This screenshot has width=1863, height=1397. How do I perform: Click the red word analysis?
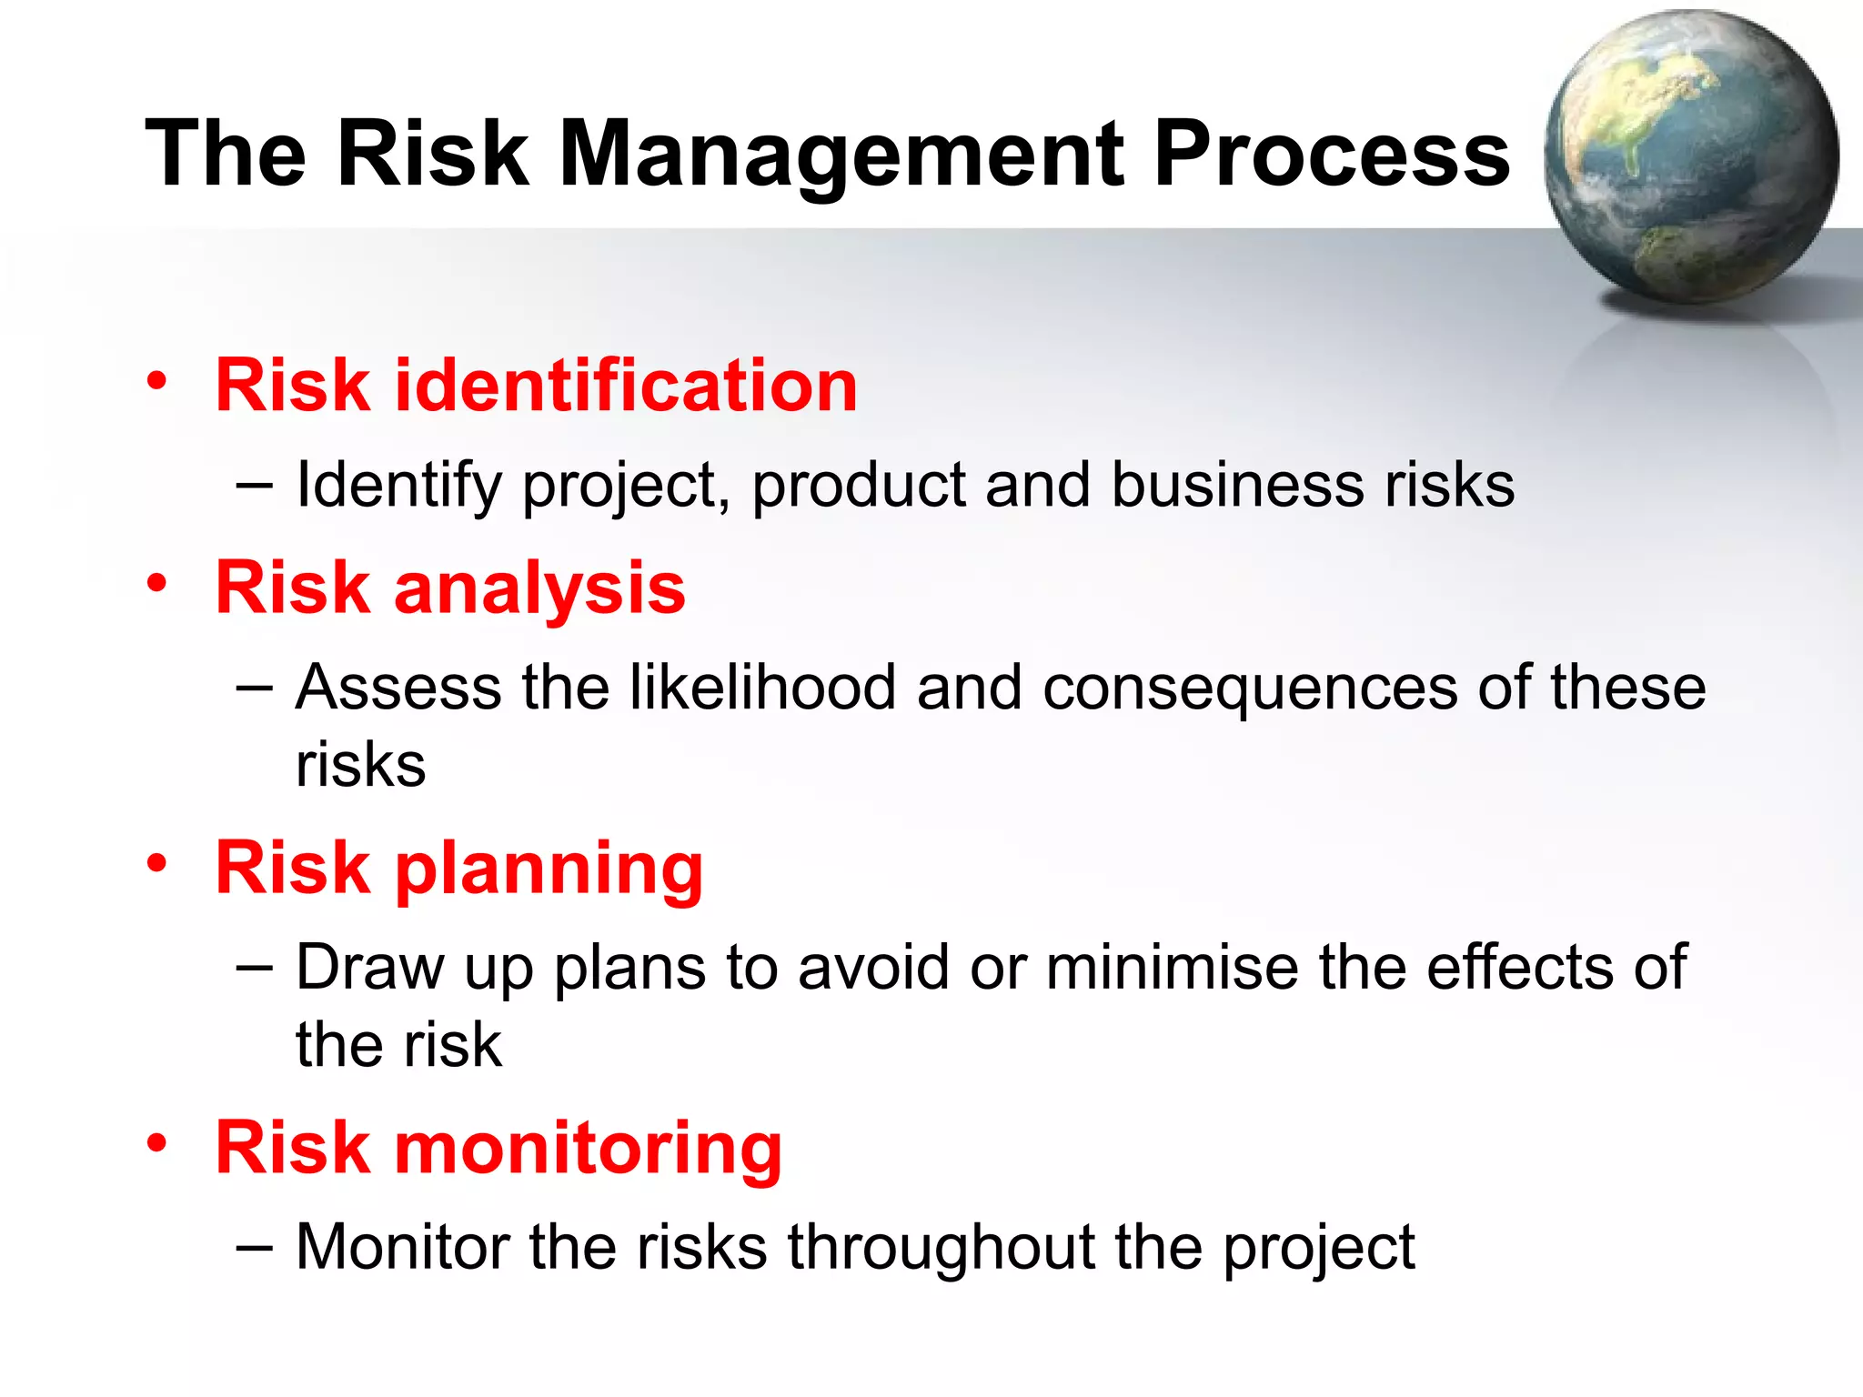click(539, 589)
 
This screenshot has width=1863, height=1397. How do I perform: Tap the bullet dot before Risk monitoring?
click(157, 1143)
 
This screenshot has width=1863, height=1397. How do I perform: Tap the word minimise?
click(1172, 967)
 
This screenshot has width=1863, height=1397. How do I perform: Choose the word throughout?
click(941, 1248)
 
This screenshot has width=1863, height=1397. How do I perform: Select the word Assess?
click(398, 688)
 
